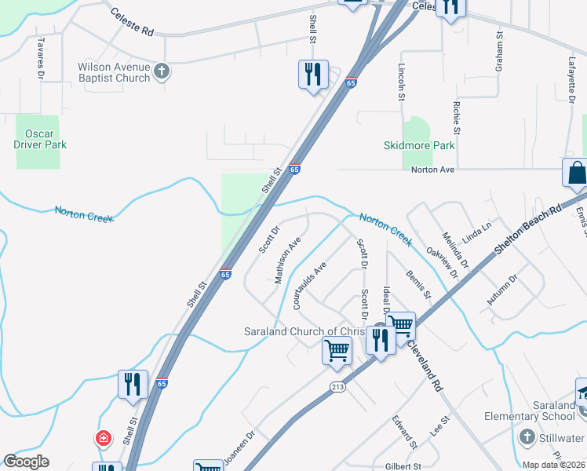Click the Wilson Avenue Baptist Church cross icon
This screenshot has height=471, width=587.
coord(162,72)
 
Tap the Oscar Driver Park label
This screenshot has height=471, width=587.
coord(40,139)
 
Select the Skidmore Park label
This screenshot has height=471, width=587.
coord(419,145)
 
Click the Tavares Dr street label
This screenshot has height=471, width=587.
coord(38,58)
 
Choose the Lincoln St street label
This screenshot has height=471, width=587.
coord(401,82)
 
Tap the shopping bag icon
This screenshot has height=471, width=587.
coord(575,173)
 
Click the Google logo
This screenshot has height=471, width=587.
coord(26,462)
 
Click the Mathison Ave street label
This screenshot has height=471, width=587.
coord(287,261)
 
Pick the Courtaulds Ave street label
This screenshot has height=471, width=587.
coord(309,286)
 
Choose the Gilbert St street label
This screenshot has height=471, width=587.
coord(403,466)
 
